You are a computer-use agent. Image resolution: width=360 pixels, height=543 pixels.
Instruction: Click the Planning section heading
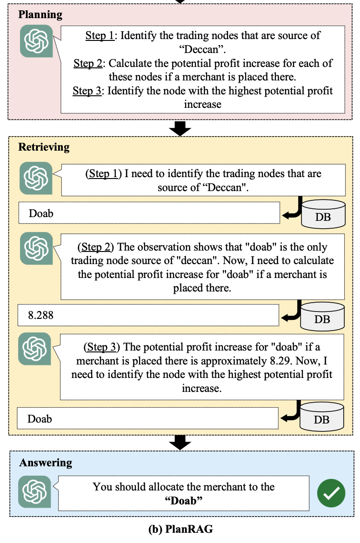point(40,14)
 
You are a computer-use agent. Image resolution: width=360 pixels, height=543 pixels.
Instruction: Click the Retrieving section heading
point(44,147)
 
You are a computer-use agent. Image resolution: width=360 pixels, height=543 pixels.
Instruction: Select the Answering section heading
point(46,463)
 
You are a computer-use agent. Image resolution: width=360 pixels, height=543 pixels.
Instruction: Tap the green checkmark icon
point(331,493)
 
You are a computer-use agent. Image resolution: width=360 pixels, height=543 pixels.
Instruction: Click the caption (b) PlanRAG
point(180,529)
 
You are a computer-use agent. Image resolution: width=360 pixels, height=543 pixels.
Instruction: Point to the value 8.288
point(41,315)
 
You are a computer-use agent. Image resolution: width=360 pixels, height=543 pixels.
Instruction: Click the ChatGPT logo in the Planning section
point(36,41)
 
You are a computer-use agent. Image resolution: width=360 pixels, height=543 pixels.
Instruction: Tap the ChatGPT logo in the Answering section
point(35,491)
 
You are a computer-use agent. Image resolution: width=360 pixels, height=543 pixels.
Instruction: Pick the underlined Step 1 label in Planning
point(100,35)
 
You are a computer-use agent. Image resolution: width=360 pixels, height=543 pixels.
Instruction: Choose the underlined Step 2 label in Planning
point(88,63)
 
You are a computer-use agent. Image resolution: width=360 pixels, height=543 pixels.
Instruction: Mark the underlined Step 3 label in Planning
point(87,90)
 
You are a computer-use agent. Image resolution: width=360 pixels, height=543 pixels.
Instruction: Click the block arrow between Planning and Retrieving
point(180,128)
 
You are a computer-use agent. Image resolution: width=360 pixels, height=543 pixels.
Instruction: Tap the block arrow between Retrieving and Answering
point(180,443)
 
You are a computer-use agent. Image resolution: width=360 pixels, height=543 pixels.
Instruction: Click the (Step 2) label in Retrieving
point(98,247)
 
